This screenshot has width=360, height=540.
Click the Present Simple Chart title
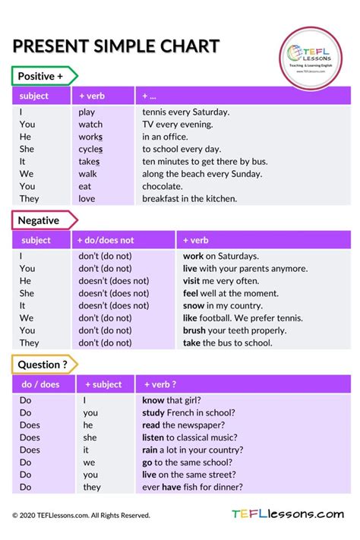click(115, 46)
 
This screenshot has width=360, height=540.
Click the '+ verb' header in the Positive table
click(92, 96)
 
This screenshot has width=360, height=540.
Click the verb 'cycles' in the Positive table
click(90, 149)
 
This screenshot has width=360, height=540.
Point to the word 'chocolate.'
click(163, 186)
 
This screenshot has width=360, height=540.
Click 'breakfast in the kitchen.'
click(189, 199)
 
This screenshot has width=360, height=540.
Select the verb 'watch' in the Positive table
click(90, 125)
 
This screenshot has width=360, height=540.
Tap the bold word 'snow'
click(194, 305)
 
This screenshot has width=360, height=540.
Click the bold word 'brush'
click(194, 330)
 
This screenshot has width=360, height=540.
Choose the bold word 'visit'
click(193, 281)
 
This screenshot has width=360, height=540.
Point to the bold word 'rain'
click(150, 450)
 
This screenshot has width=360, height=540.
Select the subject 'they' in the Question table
click(92, 487)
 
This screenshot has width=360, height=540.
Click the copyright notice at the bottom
click(81, 515)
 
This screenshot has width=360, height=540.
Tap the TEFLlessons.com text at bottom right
click(288, 514)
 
